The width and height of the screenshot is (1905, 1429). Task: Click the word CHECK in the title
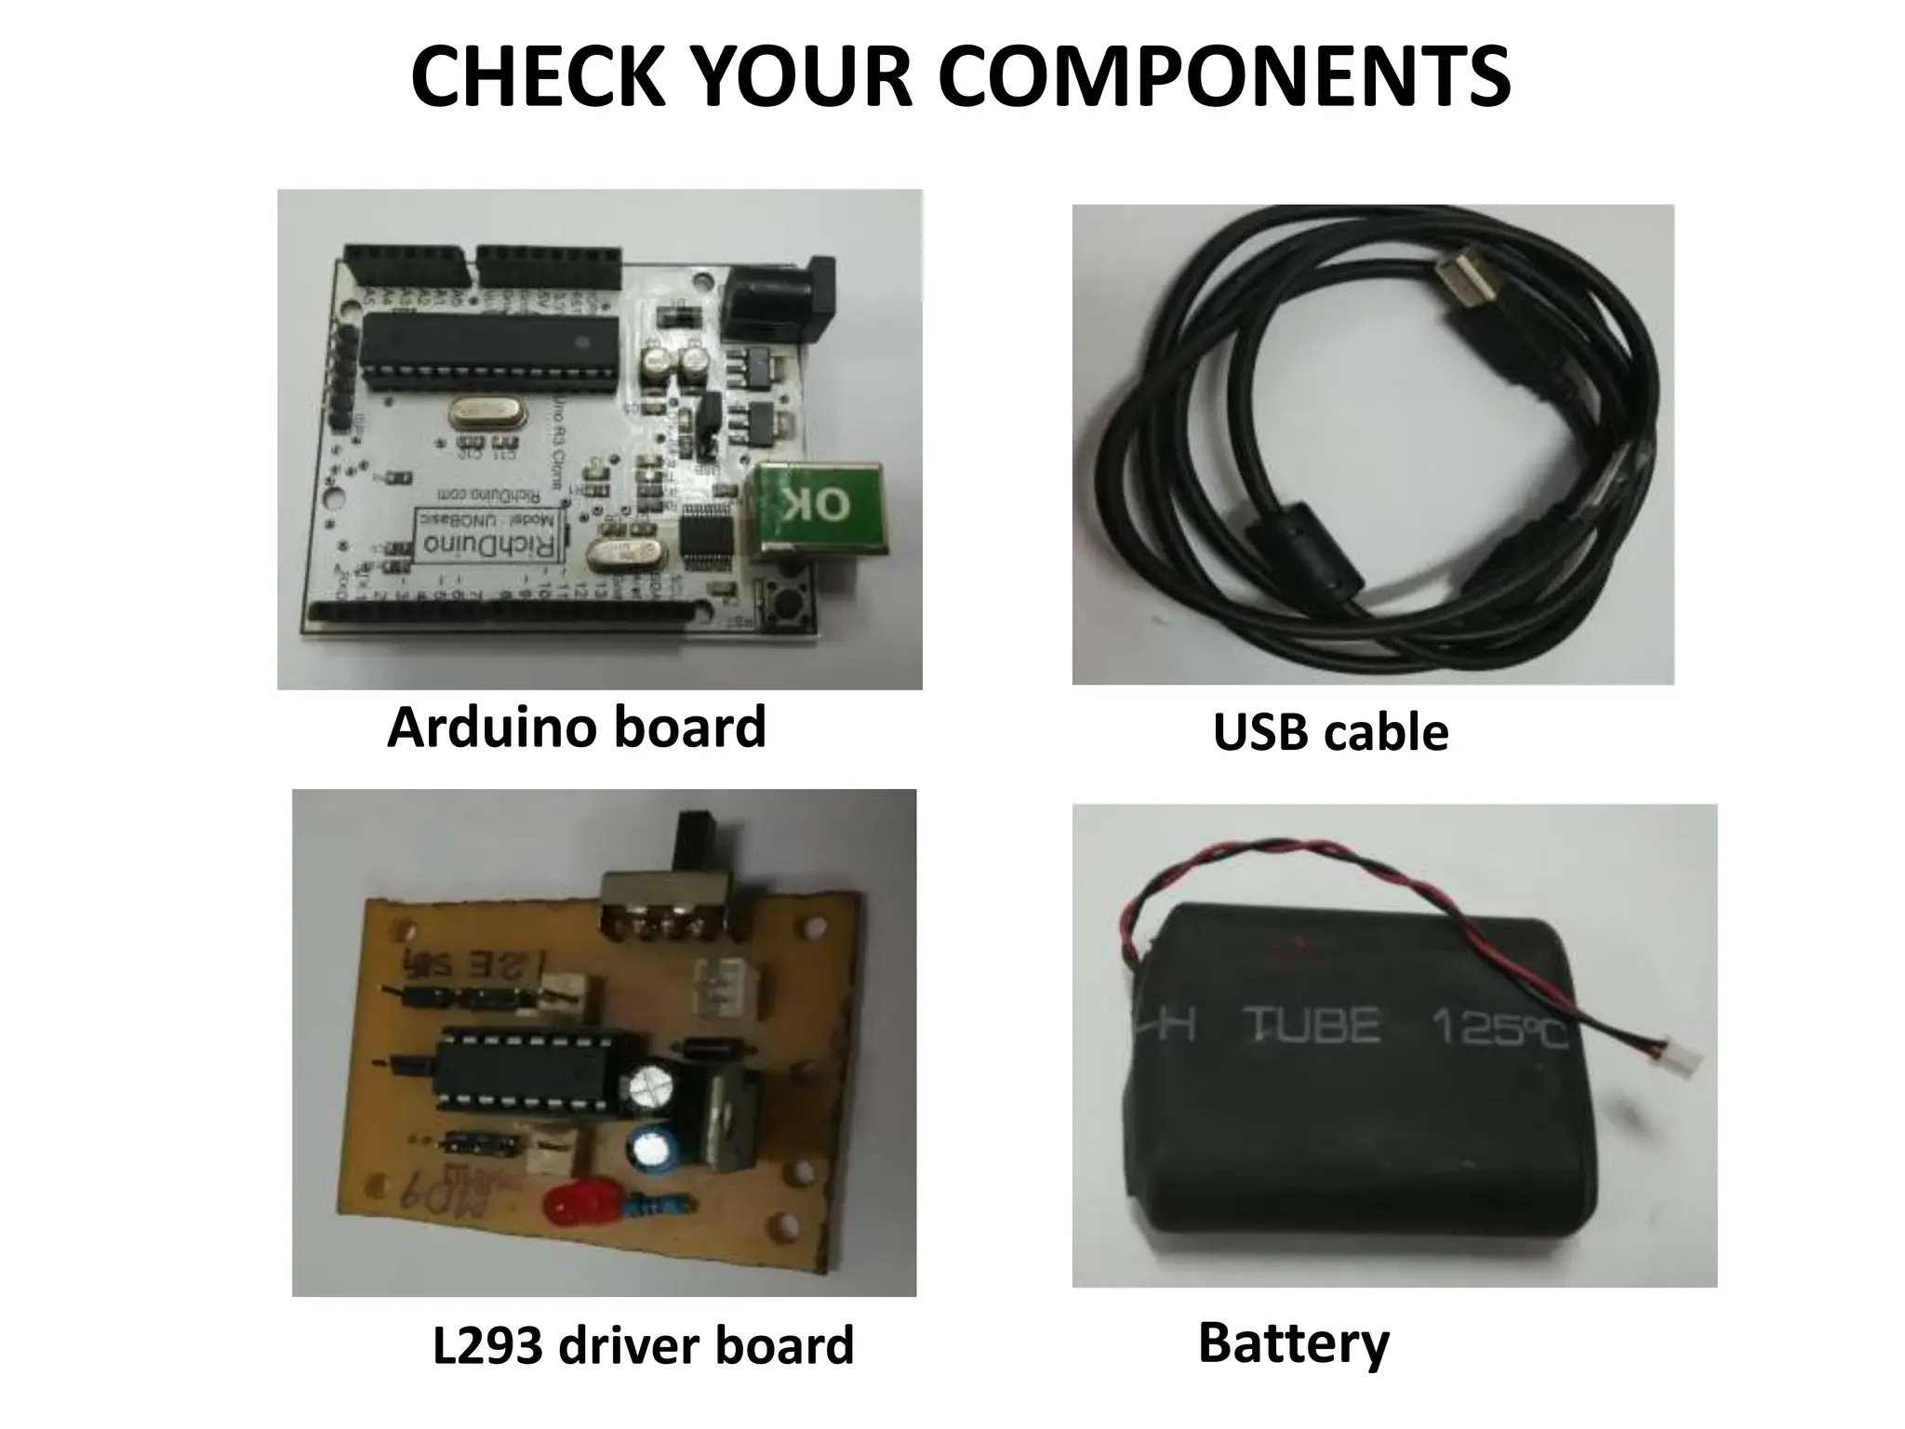(x=538, y=76)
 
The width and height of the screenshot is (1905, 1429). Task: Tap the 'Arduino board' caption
(x=576, y=727)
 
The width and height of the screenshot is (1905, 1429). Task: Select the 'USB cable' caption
(x=1330, y=732)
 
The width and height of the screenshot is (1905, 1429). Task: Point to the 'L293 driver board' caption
(x=643, y=1345)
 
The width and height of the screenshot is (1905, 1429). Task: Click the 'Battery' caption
(x=1293, y=1342)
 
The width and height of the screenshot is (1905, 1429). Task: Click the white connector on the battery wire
(x=1685, y=1058)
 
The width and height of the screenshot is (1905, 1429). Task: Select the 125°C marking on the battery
(x=1498, y=1028)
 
